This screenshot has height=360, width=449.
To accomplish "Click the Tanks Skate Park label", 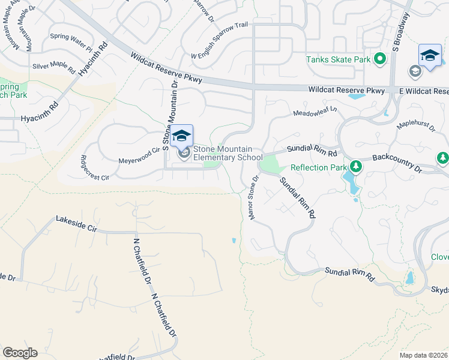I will [x=339, y=59].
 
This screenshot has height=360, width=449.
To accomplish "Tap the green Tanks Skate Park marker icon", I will [x=379, y=59].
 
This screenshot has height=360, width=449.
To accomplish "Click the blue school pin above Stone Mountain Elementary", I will [x=181, y=136].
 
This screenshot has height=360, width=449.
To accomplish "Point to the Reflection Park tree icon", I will [x=355, y=166].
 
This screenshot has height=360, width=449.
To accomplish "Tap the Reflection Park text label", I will [x=319, y=167].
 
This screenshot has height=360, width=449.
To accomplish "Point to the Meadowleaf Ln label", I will [x=315, y=112].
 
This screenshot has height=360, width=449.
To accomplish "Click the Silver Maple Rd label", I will [x=54, y=68].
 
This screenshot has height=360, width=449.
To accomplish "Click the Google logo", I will [x=20, y=353].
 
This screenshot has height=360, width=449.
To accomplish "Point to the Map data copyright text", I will [x=424, y=355].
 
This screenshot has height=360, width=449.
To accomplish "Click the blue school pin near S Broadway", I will [x=430, y=56].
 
